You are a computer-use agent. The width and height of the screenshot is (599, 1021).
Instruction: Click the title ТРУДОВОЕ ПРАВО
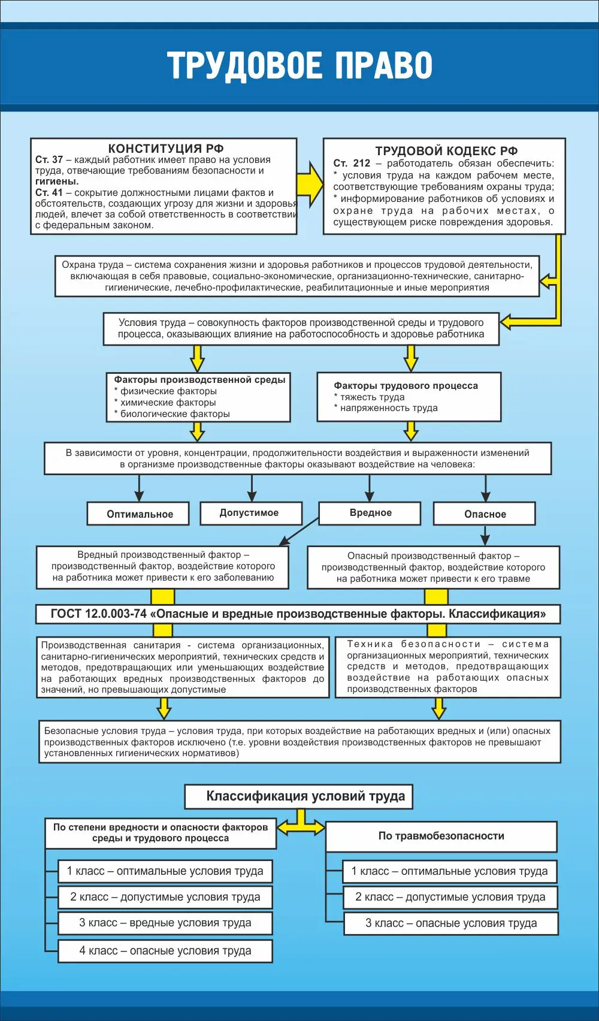[x=299, y=66]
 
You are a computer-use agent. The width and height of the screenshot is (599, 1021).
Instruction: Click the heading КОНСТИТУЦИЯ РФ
[x=166, y=148]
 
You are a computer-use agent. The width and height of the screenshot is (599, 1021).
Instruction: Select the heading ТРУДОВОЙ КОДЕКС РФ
[x=446, y=151]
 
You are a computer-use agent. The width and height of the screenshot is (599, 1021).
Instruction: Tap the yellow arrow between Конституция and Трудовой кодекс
[x=310, y=184]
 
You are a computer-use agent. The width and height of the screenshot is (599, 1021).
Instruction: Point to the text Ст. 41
[x=49, y=193]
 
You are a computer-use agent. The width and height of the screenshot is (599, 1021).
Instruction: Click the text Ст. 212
[x=352, y=163]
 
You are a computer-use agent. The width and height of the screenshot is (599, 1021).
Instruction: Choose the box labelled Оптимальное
[x=138, y=513]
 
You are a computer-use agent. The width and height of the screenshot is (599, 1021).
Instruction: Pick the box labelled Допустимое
[x=251, y=513]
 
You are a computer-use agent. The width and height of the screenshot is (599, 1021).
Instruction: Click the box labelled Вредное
[x=370, y=513]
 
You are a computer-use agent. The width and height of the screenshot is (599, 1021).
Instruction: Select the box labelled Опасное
[x=484, y=513]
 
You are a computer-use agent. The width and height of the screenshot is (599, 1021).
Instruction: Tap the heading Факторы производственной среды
[x=199, y=380]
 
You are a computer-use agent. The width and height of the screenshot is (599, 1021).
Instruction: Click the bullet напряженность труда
[x=389, y=408]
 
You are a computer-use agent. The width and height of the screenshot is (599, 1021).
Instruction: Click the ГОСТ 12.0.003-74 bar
[x=298, y=614]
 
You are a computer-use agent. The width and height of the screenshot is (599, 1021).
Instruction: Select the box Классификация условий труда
[x=299, y=796]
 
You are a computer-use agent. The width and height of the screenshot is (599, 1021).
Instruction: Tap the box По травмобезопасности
[x=441, y=836]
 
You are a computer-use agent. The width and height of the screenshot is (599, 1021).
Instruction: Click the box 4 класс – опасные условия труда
[x=165, y=951]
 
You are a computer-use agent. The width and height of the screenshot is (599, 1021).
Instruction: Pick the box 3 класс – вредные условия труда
[x=165, y=923]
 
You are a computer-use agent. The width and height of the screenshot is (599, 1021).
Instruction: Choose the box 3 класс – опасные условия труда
[x=451, y=923]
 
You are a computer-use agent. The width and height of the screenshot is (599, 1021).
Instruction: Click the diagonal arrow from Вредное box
[x=299, y=531]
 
